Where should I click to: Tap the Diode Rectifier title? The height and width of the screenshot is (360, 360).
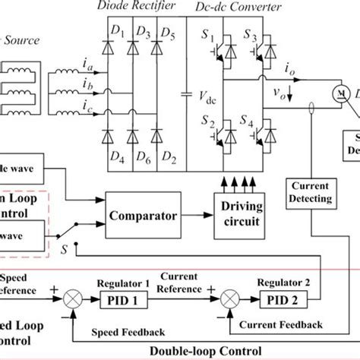[135, 7]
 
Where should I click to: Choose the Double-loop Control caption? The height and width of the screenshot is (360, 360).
[200, 351]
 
